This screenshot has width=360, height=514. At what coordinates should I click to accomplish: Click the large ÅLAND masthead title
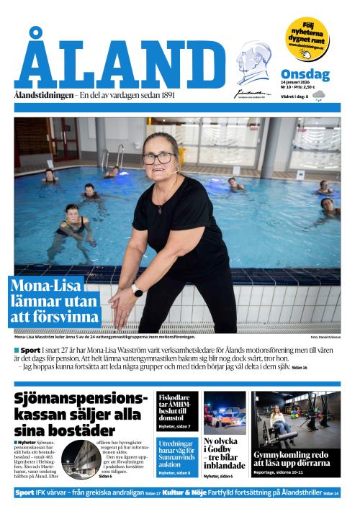tap(119, 63)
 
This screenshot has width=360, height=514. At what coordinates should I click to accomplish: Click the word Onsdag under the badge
tap(305, 74)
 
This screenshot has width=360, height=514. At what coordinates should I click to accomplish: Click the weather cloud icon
tap(319, 95)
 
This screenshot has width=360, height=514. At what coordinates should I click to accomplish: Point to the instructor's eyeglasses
tap(161, 158)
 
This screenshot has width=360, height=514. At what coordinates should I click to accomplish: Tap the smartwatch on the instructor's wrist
tap(137, 289)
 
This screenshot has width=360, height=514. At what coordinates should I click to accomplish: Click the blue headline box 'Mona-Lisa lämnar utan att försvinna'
tap(56, 301)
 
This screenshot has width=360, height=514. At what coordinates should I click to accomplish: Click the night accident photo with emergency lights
tap(225, 412)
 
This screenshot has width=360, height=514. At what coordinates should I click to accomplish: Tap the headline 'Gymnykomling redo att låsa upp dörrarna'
tap(297, 459)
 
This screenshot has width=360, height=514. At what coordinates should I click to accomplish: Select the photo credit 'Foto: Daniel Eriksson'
tap(325, 337)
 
